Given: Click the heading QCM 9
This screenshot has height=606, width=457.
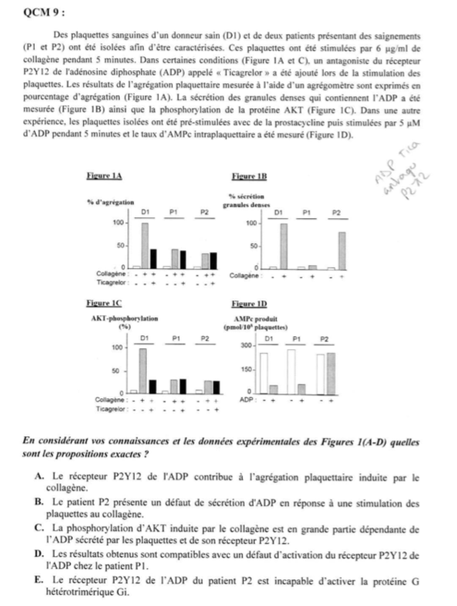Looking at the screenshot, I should pyautogui.click(x=42, y=11).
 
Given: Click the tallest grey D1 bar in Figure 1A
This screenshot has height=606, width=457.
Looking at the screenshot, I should pyautogui.click(x=145, y=245).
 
